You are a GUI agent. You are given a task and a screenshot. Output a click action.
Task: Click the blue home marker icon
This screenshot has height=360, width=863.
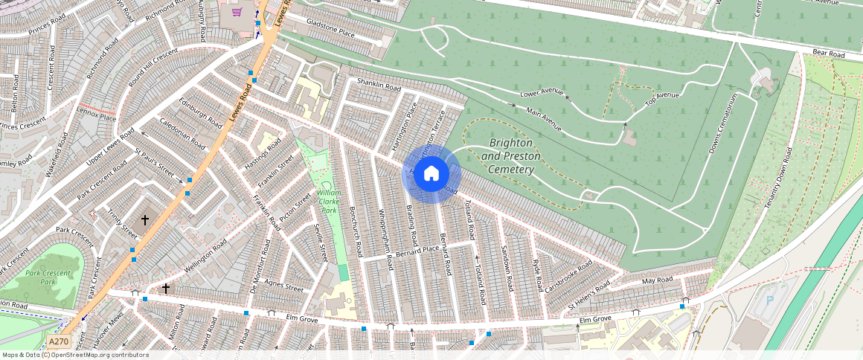(x=431, y=174)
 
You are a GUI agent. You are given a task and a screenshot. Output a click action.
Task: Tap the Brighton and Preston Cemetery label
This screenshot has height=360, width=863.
(x=507, y=155)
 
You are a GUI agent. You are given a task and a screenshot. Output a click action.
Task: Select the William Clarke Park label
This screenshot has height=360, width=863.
(x=329, y=201)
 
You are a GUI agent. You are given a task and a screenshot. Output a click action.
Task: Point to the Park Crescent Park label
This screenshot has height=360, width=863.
(x=48, y=277)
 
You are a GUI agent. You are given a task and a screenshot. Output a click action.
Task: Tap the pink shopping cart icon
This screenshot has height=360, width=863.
(x=237, y=13)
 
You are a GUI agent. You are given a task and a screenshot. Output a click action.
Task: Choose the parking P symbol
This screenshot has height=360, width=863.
(x=769, y=301)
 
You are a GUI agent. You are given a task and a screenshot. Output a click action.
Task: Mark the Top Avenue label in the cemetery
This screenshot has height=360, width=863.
(x=661, y=96)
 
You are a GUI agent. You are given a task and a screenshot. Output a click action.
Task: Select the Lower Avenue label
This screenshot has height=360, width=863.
(x=542, y=93)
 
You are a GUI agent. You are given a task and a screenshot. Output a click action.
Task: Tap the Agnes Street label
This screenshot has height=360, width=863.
(x=284, y=285)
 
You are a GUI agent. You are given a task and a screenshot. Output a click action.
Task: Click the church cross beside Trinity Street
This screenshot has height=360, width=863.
(x=145, y=220)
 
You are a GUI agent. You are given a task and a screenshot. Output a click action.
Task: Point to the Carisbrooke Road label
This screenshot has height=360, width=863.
(x=569, y=276)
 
